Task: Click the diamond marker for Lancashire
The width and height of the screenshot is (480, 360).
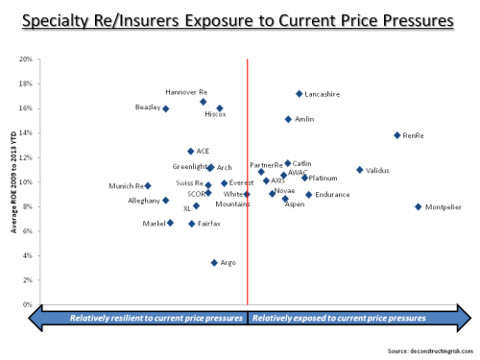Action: click(299, 94)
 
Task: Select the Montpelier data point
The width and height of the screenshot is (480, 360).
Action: click(418, 206)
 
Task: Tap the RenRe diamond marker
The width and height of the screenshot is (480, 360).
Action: click(396, 135)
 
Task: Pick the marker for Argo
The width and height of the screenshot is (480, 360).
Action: click(214, 262)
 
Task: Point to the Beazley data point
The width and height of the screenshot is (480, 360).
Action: click(166, 108)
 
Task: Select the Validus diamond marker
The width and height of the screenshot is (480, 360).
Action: click(360, 170)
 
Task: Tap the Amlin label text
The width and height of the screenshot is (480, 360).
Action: click(304, 119)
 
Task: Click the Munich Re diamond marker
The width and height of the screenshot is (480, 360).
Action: click(148, 185)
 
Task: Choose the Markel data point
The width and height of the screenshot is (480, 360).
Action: click(170, 223)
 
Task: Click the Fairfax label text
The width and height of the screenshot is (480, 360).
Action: click(209, 223)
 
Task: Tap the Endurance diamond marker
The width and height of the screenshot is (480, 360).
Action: click(308, 195)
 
